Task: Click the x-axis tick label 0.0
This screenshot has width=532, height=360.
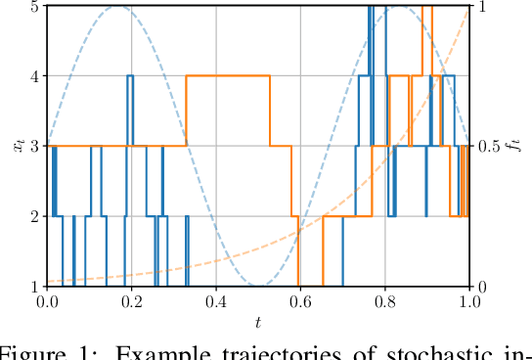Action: (x=47, y=302)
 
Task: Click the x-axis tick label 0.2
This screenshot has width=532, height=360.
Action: (x=132, y=302)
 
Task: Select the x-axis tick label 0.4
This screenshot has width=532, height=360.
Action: (x=217, y=302)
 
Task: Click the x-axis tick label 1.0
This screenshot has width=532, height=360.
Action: (x=471, y=302)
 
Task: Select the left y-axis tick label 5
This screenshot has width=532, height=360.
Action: (x=35, y=6)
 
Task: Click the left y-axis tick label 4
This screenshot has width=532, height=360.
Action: (x=35, y=76)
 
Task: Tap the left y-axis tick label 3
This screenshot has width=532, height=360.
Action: (x=35, y=147)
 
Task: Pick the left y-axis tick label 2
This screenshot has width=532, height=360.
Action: (x=35, y=216)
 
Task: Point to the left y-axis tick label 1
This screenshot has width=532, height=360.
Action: (x=35, y=287)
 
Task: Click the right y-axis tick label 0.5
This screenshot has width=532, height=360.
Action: (x=492, y=147)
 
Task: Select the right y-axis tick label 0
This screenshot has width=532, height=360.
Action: (x=484, y=287)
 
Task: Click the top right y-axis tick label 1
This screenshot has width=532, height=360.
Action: (x=484, y=6)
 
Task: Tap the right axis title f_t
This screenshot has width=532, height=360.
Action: (x=519, y=146)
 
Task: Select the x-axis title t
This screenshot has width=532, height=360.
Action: (x=259, y=319)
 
